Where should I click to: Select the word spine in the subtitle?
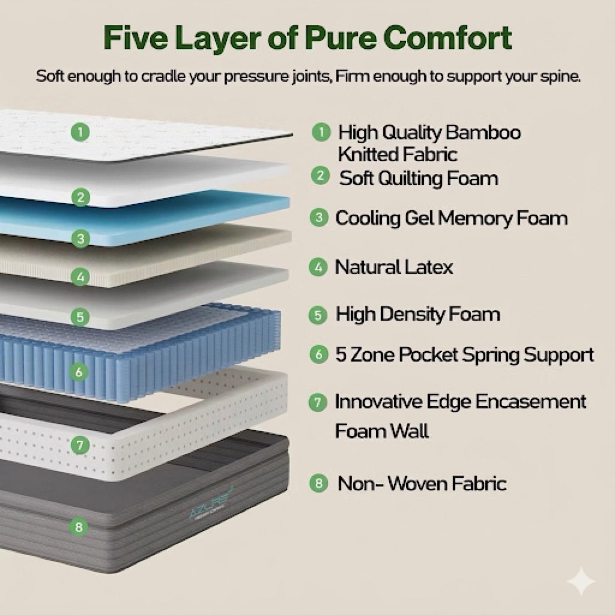tap(560, 76)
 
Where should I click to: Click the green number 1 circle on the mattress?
tap(80, 132)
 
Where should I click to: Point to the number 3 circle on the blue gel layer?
tap(80, 238)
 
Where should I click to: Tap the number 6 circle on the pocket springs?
tap(79, 371)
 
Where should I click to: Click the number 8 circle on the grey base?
tap(79, 526)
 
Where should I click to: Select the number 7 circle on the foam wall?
tap(80, 445)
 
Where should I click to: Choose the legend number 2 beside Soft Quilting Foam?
tap(321, 175)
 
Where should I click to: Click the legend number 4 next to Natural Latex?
tap(318, 267)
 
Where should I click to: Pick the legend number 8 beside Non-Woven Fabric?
tap(318, 483)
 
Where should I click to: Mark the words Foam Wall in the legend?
tap(381, 431)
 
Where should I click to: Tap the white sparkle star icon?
tap(581, 581)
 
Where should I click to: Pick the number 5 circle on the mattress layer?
tap(80, 317)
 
